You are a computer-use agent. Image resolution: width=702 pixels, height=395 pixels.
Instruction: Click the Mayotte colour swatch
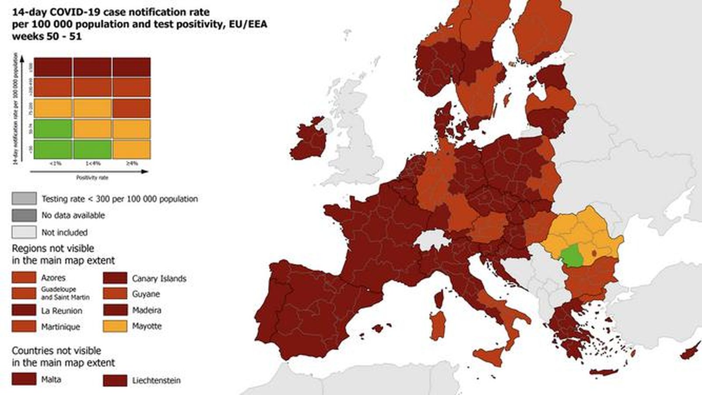(115, 326)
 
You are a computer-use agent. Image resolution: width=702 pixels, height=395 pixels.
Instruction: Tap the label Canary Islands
(159, 278)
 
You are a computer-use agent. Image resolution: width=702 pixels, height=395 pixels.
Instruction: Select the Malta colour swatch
(24, 379)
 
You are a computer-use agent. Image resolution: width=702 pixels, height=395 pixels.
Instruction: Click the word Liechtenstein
(156, 381)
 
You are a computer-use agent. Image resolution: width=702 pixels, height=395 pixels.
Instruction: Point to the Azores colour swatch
(24, 277)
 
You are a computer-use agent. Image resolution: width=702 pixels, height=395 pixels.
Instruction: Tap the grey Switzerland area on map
(432, 241)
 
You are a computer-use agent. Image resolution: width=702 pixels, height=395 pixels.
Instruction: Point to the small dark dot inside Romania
(595, 252)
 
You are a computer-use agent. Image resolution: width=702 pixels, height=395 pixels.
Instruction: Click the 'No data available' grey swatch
(24, 215)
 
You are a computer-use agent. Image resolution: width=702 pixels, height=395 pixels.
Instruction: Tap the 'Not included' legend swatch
(24, 232)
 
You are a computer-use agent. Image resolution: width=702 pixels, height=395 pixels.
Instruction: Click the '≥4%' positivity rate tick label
(132, 164)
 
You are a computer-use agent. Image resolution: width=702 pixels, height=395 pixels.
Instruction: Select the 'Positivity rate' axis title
(92, 178)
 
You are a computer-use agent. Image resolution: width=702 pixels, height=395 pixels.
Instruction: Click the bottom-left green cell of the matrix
(53, 149)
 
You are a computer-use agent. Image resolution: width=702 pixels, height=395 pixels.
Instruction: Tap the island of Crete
(604, 372)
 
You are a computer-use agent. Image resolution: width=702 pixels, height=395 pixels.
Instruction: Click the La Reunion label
(61, 311)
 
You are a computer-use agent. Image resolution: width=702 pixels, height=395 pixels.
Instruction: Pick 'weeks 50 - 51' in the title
(47, 36)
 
